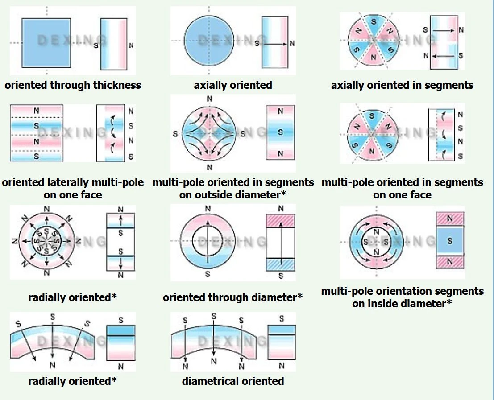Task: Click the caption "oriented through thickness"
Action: [x=73, y=85]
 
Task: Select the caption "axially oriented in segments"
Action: [x=402, y=85]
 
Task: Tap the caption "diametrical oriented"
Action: [x=233, y=381]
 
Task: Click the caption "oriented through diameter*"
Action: [x=232, y=297]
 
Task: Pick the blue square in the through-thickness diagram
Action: [x=46, y=43]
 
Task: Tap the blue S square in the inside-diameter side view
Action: [x=450, y=241]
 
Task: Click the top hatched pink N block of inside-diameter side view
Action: [x=450, y=219]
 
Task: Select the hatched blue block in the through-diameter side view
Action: [x=281, y=264]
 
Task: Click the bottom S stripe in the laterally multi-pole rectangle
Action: [x=37, y=156]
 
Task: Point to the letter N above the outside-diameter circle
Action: [x=209, y=99]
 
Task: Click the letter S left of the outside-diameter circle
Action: [x=175, y=134]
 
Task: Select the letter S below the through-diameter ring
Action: [x=208, y=274]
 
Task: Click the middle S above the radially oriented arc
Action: [x=53, y=317]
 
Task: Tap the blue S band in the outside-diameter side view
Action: [x=280, y=132]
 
